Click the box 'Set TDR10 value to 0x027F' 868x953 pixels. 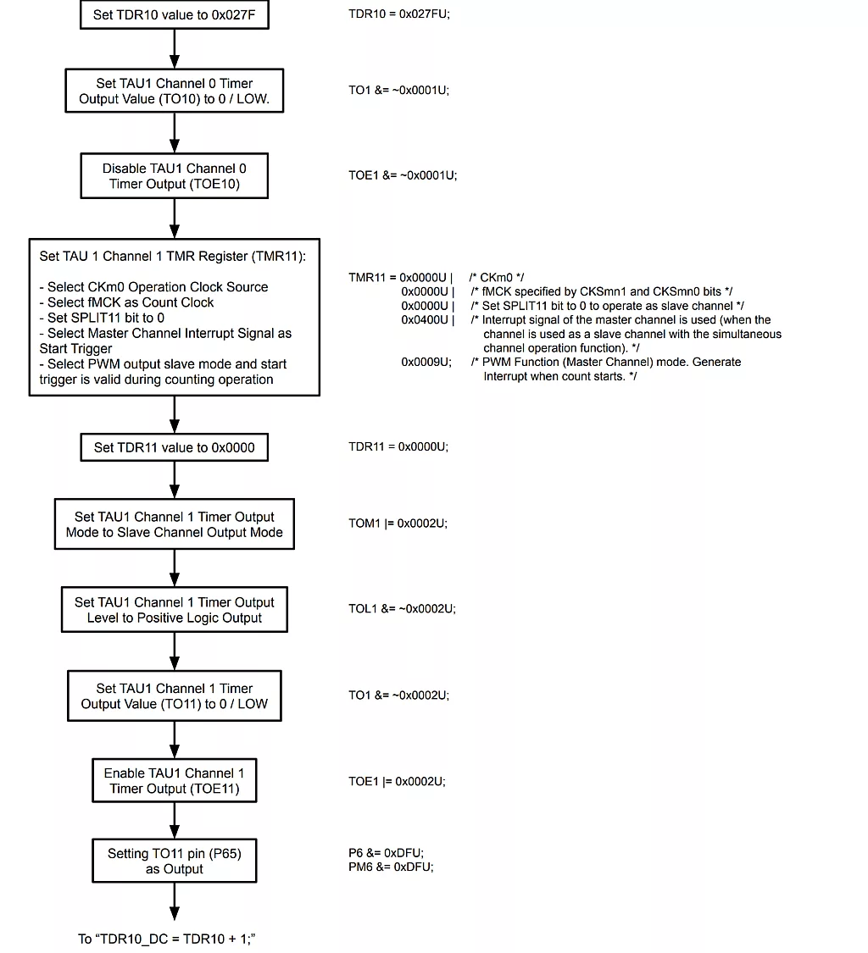(x=174, y=14)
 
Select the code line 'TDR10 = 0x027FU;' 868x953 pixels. (x=399, y=14)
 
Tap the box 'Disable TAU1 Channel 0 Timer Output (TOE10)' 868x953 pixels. (x=174, y=176)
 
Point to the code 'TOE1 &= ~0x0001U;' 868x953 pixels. (x=402, y=175)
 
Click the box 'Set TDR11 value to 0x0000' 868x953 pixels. (x=174, y=447)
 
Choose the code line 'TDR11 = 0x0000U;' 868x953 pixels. (x=398, y=446)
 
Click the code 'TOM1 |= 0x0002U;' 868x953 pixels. (x=398, y=524)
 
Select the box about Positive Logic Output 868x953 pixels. (x=174, y=610)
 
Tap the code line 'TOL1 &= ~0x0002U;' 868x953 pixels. (x=402, y=608)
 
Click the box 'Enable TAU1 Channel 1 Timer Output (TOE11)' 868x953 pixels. (x=174, y=781)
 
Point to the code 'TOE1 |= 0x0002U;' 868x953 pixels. (x=397, y=781)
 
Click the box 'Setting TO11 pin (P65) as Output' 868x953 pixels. (x=174, y=861)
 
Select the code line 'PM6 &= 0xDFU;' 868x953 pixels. (x=391, y=867)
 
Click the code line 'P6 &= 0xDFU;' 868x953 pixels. (x=386, y=852)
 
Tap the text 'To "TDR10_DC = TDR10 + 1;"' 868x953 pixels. (x=165, y=939)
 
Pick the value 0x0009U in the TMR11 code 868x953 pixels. (x=424, y=362)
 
